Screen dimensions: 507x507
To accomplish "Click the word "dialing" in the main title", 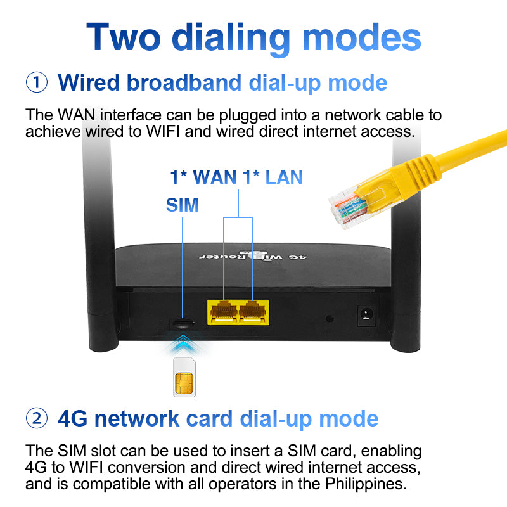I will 232,37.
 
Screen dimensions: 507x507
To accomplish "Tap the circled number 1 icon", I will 37,82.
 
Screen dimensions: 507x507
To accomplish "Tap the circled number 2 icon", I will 37,418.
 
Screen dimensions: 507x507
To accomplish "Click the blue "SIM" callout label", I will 182,205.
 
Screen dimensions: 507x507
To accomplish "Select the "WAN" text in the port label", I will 214,177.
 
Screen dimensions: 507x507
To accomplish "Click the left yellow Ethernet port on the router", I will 223,311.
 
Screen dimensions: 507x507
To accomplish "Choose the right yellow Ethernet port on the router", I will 253,311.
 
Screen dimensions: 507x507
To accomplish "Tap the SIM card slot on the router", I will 183,323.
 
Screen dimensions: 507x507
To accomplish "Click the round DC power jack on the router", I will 366,312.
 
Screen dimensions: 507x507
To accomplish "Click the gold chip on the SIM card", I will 183,383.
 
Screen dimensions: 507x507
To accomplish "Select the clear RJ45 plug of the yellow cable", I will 349,203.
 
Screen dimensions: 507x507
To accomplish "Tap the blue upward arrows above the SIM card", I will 183,345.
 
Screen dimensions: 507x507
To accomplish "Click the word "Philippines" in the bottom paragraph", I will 361,485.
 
